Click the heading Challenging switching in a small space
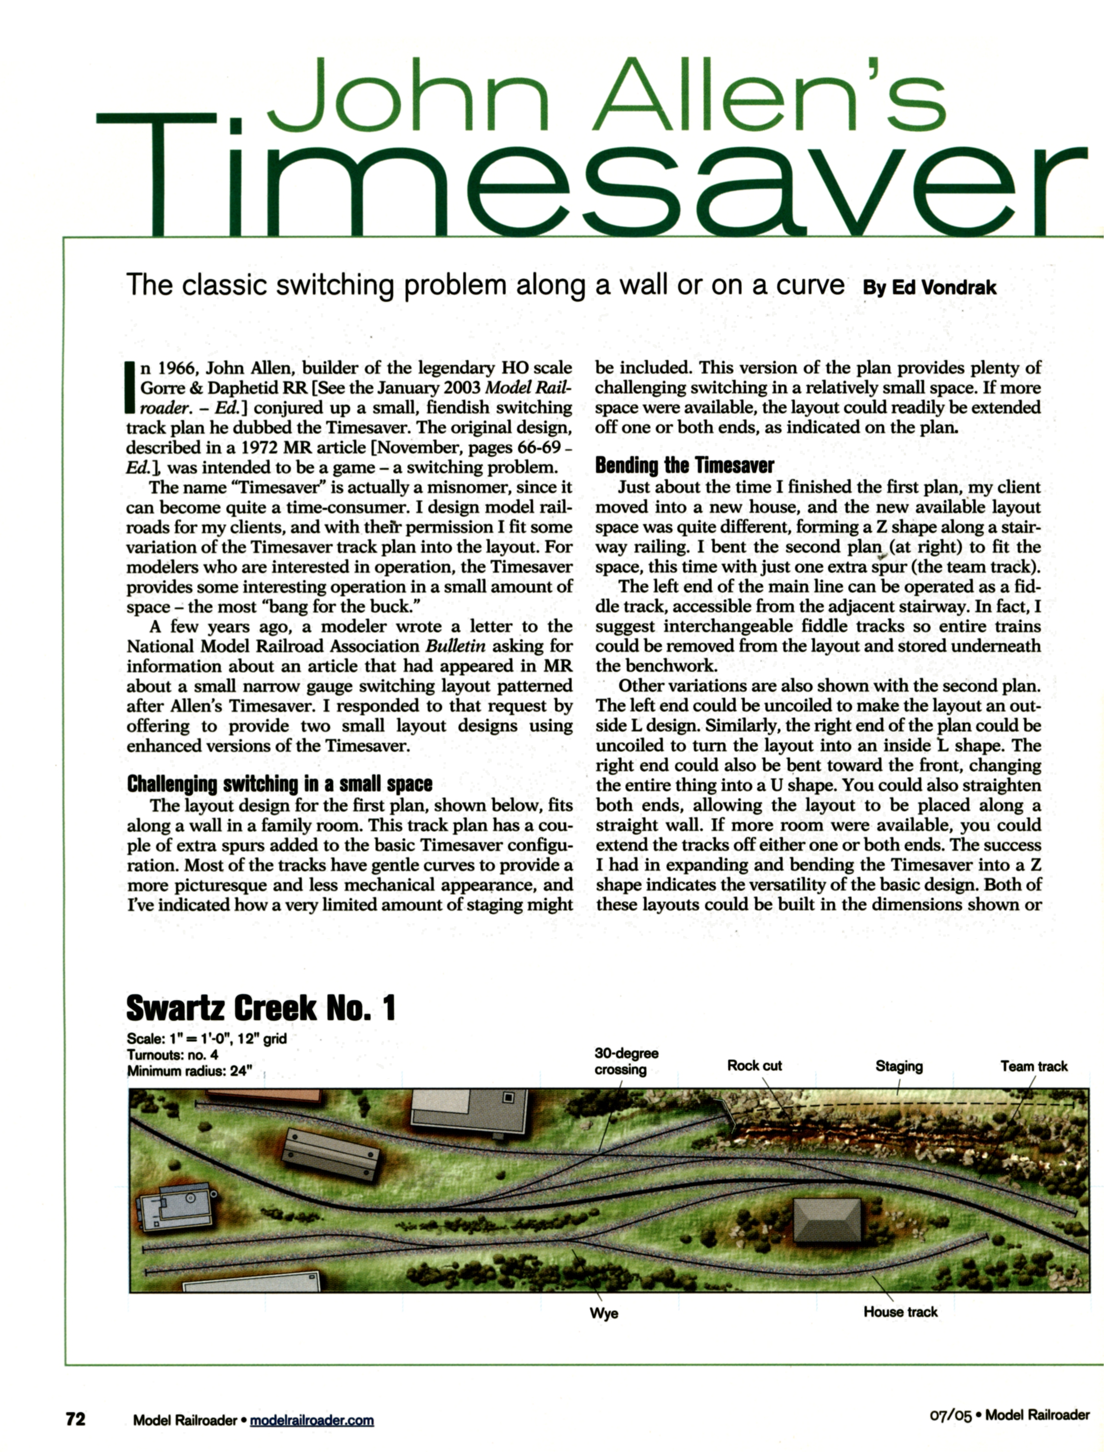[x=279, y=784]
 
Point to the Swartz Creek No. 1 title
[x=260, y=1008]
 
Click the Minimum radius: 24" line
[x=189, y=1071]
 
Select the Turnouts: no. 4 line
[x=172, y=1055]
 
